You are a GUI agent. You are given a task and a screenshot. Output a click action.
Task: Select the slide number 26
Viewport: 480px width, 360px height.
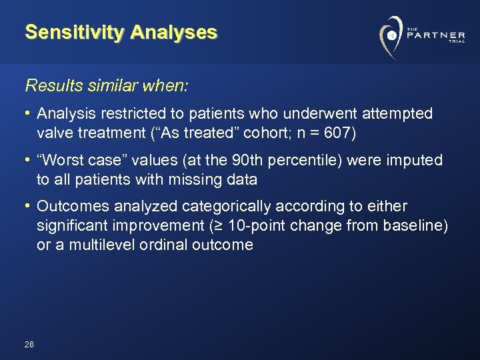click(29, 345)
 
